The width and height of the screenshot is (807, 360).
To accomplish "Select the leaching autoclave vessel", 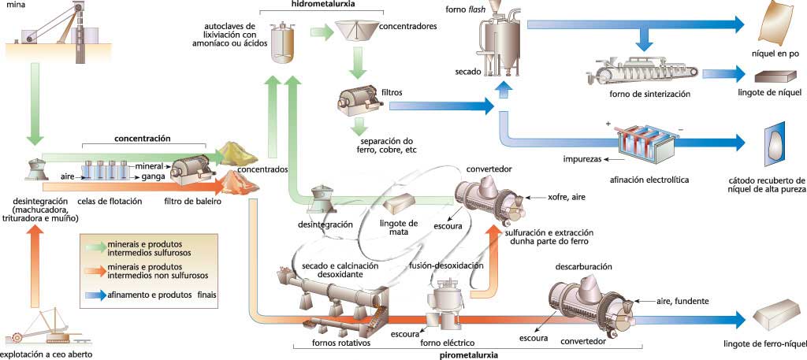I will point(283,40).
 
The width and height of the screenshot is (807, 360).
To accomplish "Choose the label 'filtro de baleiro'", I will point(193,202).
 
